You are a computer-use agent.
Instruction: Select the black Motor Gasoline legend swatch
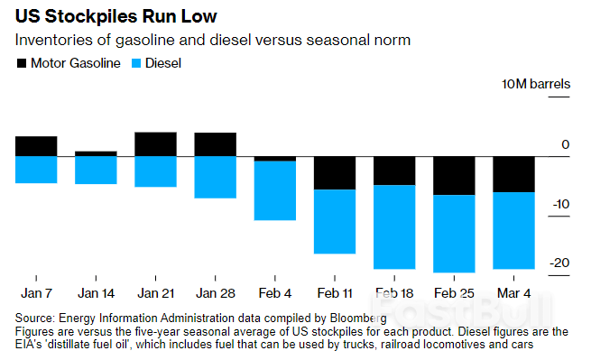point(22,63)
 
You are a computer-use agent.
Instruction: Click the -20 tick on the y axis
point(560,263)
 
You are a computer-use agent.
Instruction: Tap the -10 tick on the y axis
point(560,204)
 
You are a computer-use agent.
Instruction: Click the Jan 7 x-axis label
point(36,293)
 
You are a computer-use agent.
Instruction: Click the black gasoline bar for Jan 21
point(155,144)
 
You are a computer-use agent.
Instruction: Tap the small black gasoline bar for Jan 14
point(96,154)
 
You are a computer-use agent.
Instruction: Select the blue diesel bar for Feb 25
point(454,233)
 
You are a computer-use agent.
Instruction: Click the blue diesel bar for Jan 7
point(36,170)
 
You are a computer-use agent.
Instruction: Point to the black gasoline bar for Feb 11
point(335,172)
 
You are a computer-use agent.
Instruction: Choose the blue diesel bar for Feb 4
point(275,190)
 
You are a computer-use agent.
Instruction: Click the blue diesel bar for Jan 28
point(216,177)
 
